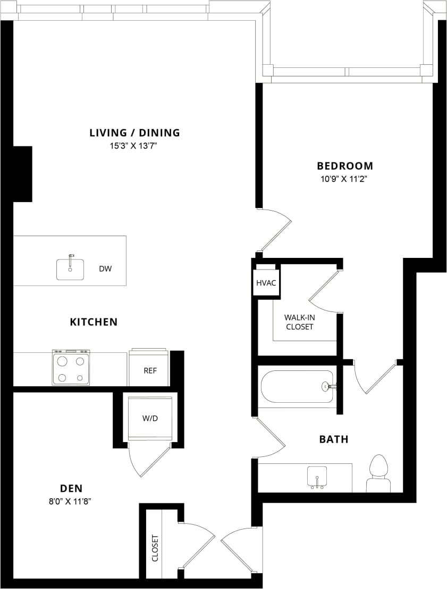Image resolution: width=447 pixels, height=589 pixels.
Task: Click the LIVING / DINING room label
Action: click(134, 133)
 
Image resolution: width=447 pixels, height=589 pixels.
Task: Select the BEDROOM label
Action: click(345, 166)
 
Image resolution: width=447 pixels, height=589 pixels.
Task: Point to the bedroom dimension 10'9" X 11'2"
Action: click(345, 179)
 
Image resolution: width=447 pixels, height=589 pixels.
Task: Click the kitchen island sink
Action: click(70, 268)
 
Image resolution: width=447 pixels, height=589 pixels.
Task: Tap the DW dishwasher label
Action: click(105, 268)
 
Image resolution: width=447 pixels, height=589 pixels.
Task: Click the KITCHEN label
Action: click(94, 322)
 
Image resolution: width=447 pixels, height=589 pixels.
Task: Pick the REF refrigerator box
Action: click(149, 370)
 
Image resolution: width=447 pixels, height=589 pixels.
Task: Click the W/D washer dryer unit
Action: click(150, 418)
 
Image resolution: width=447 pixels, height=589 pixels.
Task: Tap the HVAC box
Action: click(266, 283)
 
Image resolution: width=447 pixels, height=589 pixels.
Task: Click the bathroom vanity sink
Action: click(317, 477)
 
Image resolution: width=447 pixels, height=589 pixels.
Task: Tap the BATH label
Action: click(334, 439)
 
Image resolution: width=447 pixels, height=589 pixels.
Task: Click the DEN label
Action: click(71, 488)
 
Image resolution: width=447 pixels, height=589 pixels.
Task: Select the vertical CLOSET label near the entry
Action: click(155, 548)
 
